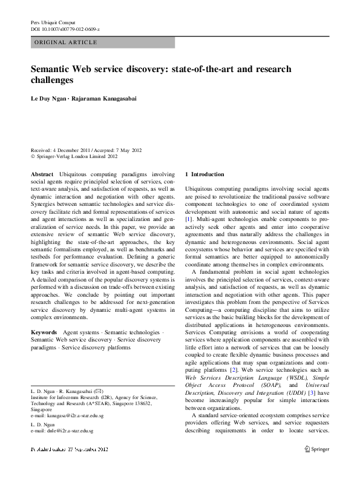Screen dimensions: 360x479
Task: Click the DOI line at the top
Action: pyautogui.click(x=65, y=29)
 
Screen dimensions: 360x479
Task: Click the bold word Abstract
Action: pyautogui.click(x=42, y=174)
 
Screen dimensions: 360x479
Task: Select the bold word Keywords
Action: pyautogui.click(x=44, y=332)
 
